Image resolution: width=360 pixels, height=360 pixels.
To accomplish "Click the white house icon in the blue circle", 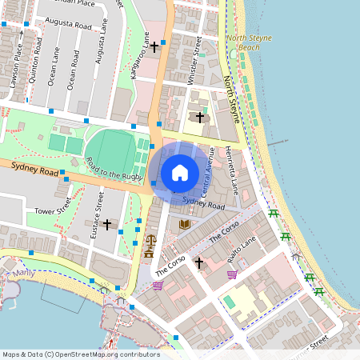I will pyautogui.click(x=180, y=172).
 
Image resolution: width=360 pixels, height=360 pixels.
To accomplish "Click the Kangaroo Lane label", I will pyautogui.click(x=141, y=56).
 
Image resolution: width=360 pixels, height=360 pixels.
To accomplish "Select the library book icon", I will pyautogui.click(x=185, y=225).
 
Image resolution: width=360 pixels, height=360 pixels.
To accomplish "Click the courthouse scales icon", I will pyautogui.click(x=148, y=239).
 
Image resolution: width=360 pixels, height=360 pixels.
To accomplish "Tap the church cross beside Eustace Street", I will pyautogui.click(x=106, y=225).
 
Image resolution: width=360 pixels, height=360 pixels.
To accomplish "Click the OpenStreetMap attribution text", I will pyautogui.click(x=80, y=354).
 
